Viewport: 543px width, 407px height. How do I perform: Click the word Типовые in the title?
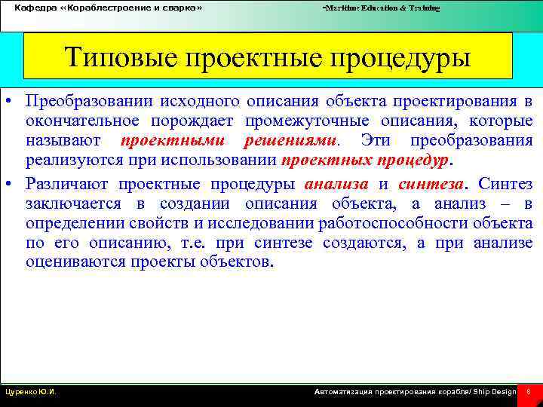(x=115, y=58)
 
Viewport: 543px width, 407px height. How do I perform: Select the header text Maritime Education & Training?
(x=382, y=8)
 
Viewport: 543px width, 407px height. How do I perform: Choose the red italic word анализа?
(x=336, y=183)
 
